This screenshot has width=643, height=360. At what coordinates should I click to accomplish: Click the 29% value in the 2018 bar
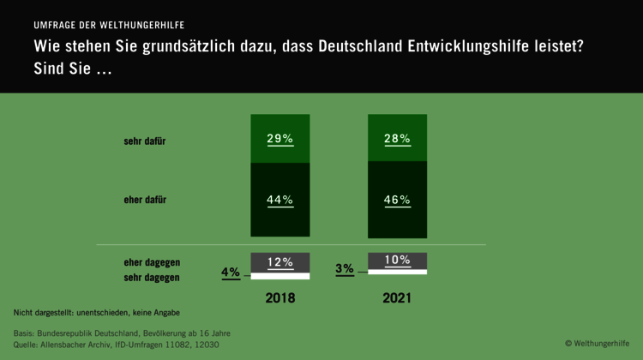point(279,138)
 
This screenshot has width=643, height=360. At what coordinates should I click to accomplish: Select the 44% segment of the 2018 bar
point(279,200)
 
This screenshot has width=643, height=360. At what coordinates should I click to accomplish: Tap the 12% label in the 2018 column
point(279,261)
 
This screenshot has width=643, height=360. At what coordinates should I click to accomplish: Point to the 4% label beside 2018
point(231,273)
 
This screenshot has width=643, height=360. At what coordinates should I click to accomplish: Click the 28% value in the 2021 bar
point(397,138)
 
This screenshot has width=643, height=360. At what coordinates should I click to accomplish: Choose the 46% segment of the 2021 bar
point(397,200)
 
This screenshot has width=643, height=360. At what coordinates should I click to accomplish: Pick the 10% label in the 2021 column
point(397,260)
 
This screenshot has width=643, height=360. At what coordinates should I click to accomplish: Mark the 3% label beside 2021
point(345,268)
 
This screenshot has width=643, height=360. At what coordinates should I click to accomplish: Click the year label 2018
point(279,299)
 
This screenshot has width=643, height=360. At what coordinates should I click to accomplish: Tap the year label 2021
point(397,299)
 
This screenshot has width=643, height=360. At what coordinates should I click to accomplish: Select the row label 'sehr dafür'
point(145,141)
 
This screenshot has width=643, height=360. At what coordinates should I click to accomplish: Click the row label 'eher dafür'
point(145,200)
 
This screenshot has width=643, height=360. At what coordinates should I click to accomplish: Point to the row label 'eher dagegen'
point(152,262)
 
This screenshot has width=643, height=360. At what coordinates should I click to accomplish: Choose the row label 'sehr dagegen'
point(152,278)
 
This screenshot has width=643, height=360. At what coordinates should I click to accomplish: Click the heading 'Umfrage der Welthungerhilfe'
point(109,25)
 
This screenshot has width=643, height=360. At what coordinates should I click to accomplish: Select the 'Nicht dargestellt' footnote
point(96,312)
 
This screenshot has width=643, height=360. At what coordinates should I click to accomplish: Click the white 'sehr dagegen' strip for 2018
point(279,277)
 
